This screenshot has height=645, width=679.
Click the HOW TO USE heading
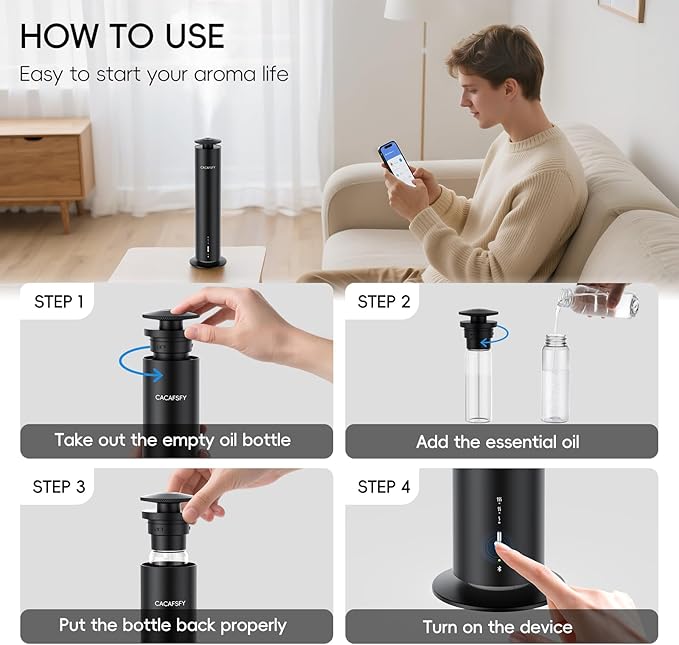(x=122, y=36)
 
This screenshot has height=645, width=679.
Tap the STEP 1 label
(x=59, y=302)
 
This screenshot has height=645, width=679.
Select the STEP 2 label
(x=384, y=302)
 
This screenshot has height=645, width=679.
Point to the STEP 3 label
(x=59, y=487)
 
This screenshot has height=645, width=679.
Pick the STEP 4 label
(x=384, y=487)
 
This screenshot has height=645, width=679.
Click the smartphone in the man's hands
(x=397, y=163)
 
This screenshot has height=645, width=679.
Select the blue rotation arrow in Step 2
(x=496, y=337)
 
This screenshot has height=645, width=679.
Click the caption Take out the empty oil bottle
(x=173, y=441)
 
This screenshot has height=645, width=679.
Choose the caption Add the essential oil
(x=498, y=442)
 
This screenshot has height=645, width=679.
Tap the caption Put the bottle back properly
(x=173, y=626)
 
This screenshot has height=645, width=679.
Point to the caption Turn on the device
(x=498, y=627)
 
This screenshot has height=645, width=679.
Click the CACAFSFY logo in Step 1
(x=171, y=398)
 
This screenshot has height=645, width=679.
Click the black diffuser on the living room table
(x=208, y=202)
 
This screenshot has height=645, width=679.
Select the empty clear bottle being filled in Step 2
(x=555, y=378)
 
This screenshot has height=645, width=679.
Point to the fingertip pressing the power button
(x=500, y=548)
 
